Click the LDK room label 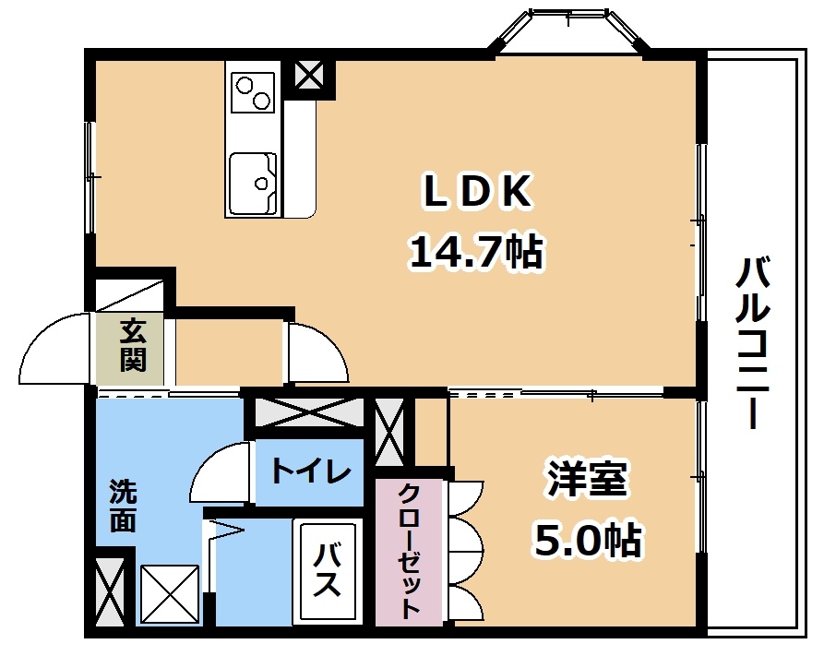click(x=477, y=192)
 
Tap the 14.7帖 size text click(x=476, y=251)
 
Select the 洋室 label click(x=588, y=477)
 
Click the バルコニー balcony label click(x=753, y=342)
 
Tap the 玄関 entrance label click(x=133, y=345)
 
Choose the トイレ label click(x=311, y=471)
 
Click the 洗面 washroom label click(x=123, y=506)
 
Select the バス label click(x=327, y=569)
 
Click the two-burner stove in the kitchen click(x=253, y=93)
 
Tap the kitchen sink click(x=254, y=184)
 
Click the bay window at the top click(x=570, y=31)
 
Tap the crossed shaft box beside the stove click(x=308, y=75)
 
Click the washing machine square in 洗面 click(x=170, y=594)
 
